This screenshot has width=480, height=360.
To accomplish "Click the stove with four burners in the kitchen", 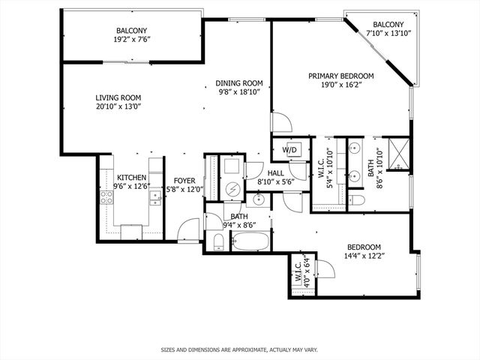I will (106, 199).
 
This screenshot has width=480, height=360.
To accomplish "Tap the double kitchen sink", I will (155, 198).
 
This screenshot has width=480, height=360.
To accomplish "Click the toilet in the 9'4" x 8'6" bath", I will (217, 241).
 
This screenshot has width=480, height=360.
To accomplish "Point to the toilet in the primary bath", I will (358, 199).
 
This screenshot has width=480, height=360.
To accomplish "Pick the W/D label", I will (290, 149).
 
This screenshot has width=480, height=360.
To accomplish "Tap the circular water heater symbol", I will (232, 188).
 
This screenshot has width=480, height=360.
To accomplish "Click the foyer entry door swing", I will (190, 227).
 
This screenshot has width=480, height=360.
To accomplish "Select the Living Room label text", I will (118, 97).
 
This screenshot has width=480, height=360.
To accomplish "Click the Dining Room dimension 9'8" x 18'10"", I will (238, 92).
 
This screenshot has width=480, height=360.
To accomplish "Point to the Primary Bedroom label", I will (341, 76).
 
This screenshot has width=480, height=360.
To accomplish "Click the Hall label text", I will (275, 172).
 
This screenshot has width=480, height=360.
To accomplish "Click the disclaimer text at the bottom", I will (239, 349).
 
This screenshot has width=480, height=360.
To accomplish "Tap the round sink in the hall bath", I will (259, 199).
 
